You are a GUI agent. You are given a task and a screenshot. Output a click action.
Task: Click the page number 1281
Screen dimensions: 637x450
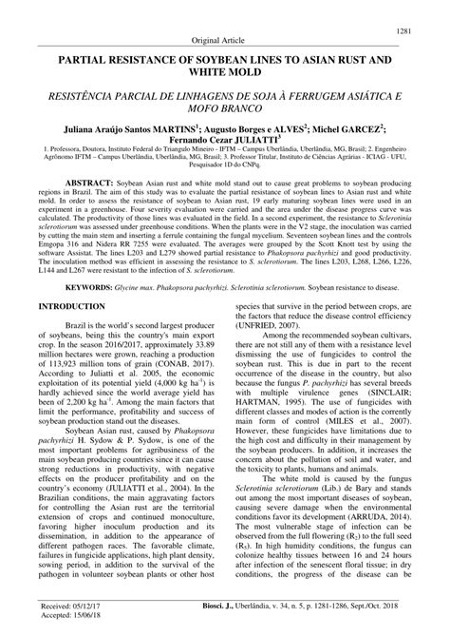(415, 31)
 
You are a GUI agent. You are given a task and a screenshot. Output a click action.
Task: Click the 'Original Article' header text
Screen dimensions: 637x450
(224, 42)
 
